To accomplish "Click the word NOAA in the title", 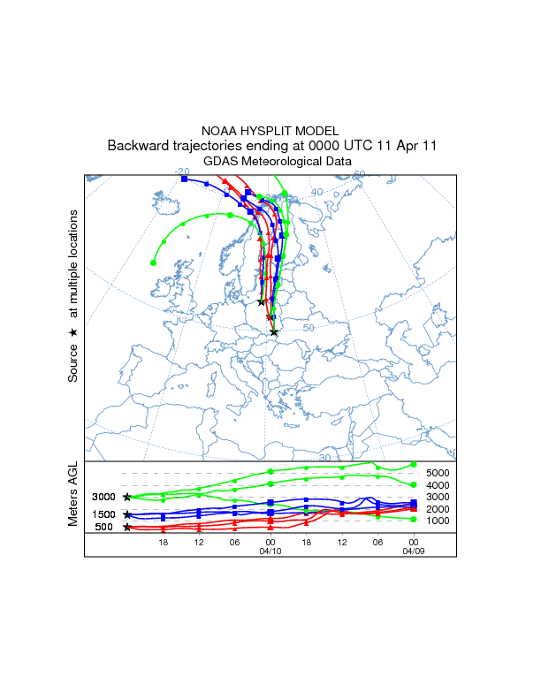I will click(x=222, y=130).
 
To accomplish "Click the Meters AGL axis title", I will click(x=73, y=498).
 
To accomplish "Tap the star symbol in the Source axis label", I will click(x=73, y=332).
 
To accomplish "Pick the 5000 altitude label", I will click(x=438, y=473).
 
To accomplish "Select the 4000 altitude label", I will click(x=438, y=485).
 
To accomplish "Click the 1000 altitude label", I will click(x=438, y=521).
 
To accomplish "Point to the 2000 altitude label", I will click(x=438, y=509).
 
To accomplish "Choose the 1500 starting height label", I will click(x=104, y=514).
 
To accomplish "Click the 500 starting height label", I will click(x=104, y=528).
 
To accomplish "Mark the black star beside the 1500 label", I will click(x=127, y=514).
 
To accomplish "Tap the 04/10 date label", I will click(x=270, y=551).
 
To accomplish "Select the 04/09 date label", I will click(x=413, y=551).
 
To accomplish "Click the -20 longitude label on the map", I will click(x=182, y=171).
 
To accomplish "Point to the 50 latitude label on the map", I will click(x=309, y=328).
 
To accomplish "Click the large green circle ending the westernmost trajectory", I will click(x=154, y=262).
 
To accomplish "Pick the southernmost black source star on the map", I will click(x=274, y=332).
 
